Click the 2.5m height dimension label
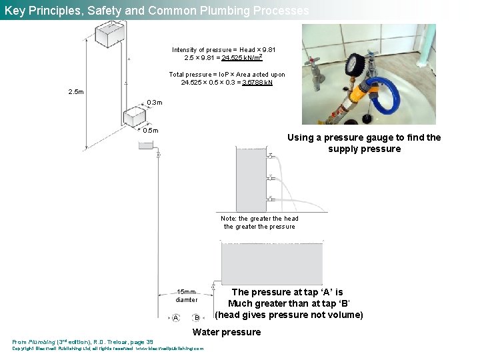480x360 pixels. coord(77,91)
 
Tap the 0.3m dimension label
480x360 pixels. coord(154,102)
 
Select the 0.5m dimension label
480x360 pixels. coord(151,130)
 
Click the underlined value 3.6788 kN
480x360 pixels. coord(258,83)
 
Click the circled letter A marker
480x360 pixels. coord(175,317)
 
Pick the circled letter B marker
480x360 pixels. coord(197,317)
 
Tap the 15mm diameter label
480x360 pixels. coord(187,295)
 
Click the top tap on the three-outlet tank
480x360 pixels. coord(271,156)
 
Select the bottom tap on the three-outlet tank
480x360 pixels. coord(271,199)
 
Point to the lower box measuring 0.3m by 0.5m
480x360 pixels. coord(135,117)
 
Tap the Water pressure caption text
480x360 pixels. coord(227,332)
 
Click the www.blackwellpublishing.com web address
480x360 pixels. coord(170,348)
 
